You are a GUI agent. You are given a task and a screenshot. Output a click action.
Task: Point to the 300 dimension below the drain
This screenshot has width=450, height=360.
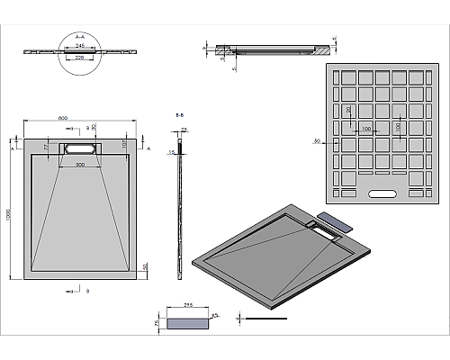point(80,166)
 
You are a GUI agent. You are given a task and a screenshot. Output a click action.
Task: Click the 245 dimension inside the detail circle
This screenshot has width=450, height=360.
point(80,45)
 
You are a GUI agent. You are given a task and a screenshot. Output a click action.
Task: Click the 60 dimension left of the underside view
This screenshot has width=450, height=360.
point(317,140)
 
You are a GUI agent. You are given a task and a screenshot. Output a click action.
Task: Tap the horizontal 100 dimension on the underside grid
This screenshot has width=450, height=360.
point(365,130)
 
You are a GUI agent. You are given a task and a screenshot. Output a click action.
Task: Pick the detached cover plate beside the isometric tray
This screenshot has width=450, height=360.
point(336,220)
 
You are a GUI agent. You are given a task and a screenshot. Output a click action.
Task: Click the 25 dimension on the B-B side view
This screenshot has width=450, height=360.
point(184,129)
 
